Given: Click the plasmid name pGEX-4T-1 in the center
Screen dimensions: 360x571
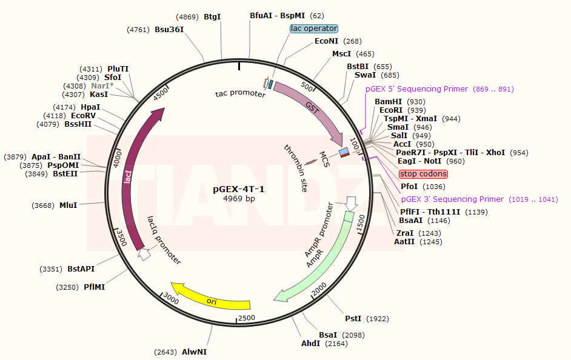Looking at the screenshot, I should click(238, 189).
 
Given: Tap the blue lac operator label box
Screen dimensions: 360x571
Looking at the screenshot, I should click(314, 28).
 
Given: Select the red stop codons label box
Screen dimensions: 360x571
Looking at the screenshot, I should click(423, 174).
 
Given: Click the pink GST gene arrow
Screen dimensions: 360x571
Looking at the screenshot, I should click(312, 107).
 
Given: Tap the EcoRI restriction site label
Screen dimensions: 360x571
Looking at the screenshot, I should click(391, 110).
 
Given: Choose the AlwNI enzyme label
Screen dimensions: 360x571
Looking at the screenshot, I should click(194, 352).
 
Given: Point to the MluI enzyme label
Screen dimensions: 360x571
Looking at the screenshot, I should click(68, 205).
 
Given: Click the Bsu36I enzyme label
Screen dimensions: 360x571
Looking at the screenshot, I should click(169, 29).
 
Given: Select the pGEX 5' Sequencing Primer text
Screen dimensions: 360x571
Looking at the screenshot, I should click(417, 89).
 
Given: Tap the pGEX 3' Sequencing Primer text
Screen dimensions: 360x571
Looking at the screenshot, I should click(452, 199).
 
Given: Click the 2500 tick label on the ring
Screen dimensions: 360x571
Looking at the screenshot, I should click(247, 318).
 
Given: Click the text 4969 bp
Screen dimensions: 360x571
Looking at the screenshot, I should click(239, 199).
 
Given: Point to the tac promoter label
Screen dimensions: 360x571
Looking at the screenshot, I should click(240, 94).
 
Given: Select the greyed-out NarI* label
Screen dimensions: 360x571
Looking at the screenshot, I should click(102, 86).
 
